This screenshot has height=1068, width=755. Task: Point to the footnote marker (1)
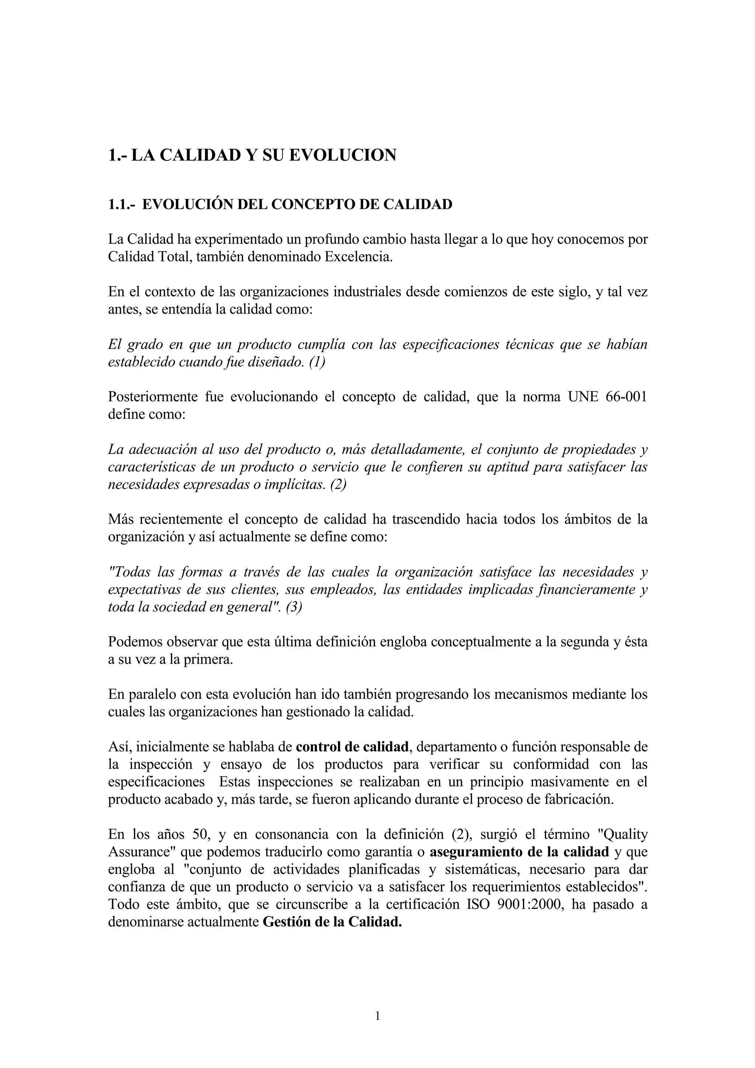[x=317, y=362]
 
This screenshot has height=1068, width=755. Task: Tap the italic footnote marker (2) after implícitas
[x=339, y=484]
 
